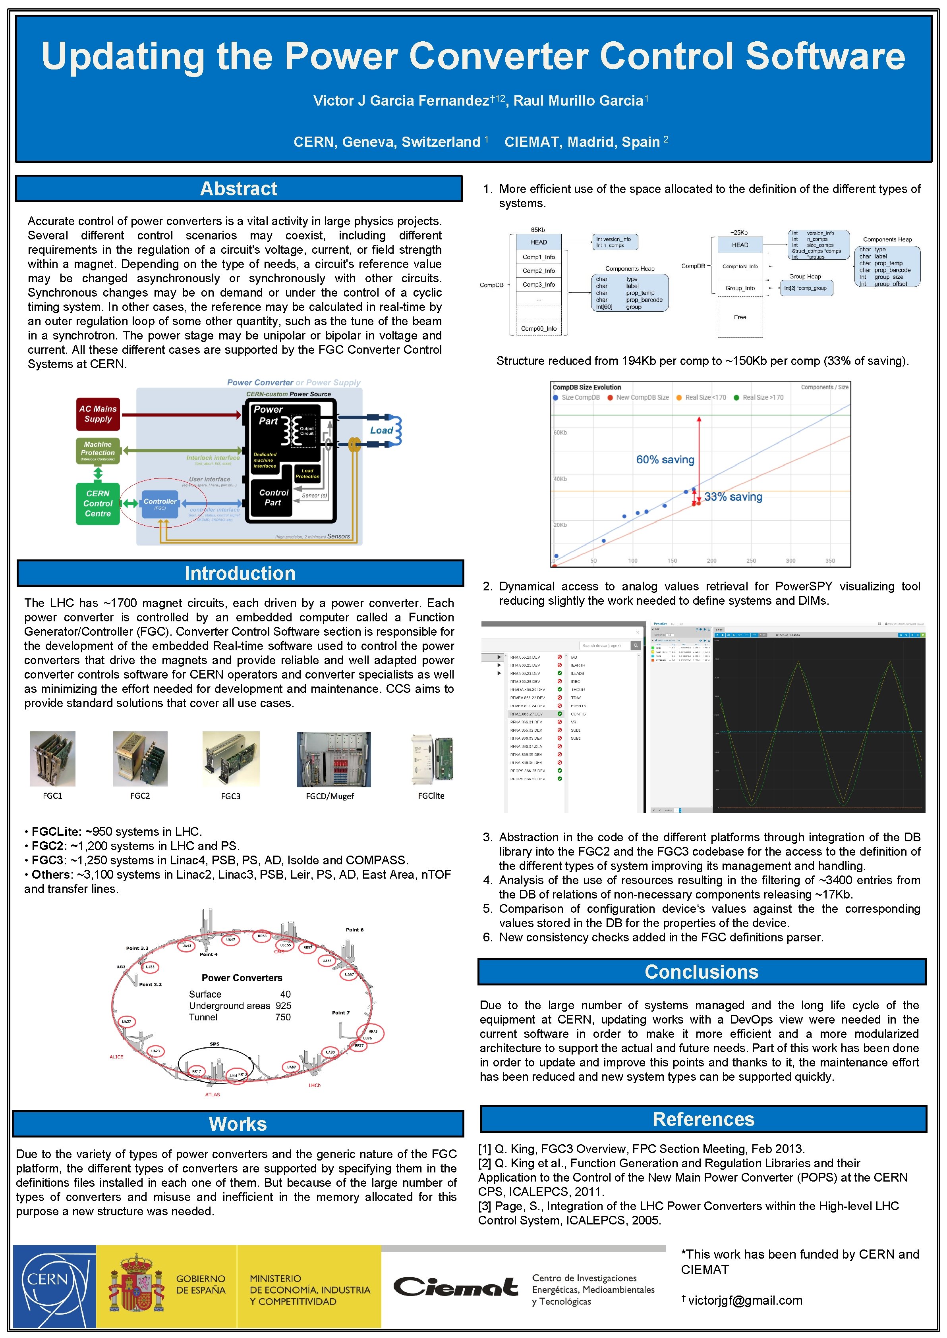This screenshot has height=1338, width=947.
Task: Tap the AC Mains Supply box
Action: point(98,414)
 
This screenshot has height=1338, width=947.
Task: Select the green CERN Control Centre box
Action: point(98,503)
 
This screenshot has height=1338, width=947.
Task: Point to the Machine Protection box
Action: point(98,451)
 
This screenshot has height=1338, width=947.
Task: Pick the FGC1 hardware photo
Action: point(52,759)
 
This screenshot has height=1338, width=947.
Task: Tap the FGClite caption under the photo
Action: point(431,796)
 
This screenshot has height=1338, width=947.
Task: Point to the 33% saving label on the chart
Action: point(733,497)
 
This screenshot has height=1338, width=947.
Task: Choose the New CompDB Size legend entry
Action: point(638,397)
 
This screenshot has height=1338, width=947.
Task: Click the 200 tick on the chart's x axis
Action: point(711,561)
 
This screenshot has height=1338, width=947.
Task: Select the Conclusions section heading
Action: point(702,972)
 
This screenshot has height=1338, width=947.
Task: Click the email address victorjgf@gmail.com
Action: point(745,1300)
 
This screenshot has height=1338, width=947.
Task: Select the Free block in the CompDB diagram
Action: point(740,317)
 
